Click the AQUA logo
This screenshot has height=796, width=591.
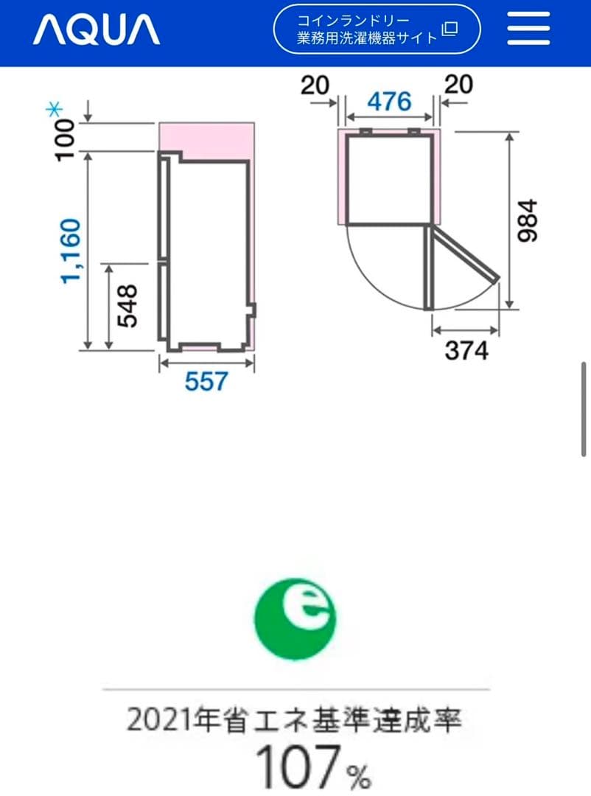[x=97, y=29]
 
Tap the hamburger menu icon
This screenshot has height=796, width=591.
[x=528, y=29]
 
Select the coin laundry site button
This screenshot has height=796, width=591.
[x=377, y=29]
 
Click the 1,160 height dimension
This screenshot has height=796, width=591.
[x=71, y=251]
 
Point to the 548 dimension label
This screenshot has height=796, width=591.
[x=127, y=306]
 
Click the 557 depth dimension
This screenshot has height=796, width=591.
[x=206, y=381]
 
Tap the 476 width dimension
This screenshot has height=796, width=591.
[x=389, y=102]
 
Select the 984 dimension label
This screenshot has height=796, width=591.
[x=526, y=220]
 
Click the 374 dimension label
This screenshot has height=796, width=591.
[x=466, y=350]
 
